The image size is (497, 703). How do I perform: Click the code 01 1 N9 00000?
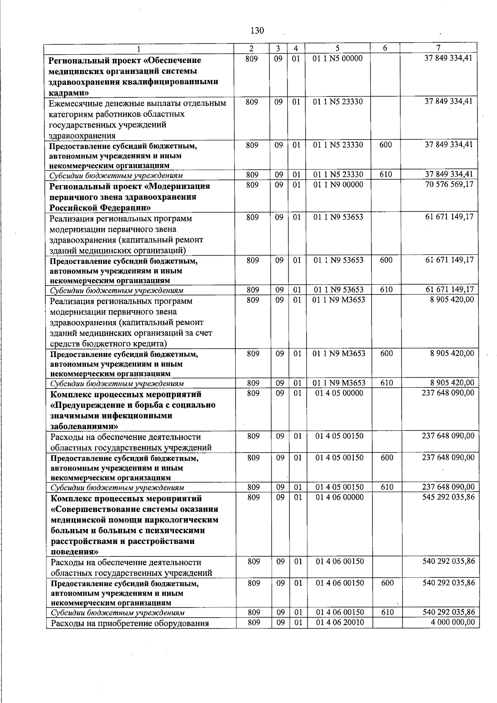click(x=338, y=185)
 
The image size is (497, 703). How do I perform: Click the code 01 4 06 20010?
click(x=340, y=622)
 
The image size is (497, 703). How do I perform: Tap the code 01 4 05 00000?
click(x=339, y=393)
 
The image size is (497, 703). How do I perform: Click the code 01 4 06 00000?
click(x=339, y=497)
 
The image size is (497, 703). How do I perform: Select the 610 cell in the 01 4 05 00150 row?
click(x=387, y=487)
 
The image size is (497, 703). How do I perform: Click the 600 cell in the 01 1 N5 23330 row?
click(x=386, y=145)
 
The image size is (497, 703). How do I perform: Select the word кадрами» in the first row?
click(x=66, y=93)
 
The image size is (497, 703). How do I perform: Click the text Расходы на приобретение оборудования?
click(x=129, y=623)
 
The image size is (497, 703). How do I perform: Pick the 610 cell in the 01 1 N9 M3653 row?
click(x=386, y=383)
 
